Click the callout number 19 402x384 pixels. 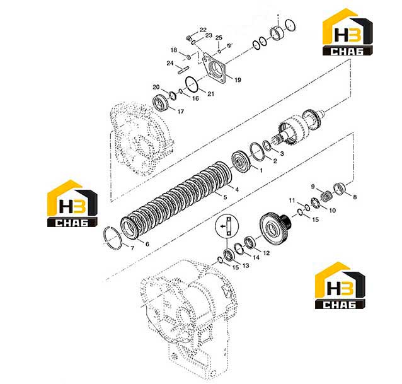pos(238,80)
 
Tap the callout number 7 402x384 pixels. pos(132,248)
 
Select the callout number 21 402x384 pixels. pos(210,94)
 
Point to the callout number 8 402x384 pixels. pos(355,197)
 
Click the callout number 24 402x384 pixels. pos(170,63)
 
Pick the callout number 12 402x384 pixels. pos(267,253)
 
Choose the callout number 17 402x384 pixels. pos(181,112)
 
